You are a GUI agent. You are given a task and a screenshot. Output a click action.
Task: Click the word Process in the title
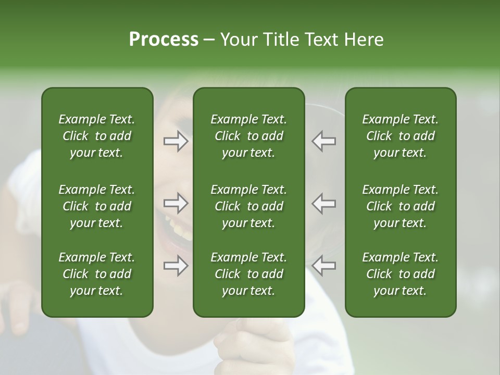pyautogui.click(x=164, y=40)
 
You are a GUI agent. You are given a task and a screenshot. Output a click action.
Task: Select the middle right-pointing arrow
pyautogui.click(x=176, y=204)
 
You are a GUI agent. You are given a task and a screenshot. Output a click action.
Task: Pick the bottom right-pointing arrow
pyautogui.click(x=176, y=266)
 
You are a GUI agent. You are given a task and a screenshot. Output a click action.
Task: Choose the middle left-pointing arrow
pyautogui.click(x=324, y=204)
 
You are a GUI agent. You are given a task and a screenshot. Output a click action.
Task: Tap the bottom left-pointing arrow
pyautogui.click(x=324, y=266)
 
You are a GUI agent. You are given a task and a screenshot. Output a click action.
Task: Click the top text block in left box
pyautogui.click(x=97, y=136)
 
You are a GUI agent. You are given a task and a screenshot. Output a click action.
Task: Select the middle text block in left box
pyautogui.click(x=97, y=206)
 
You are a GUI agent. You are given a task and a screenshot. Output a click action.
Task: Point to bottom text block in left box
pyautogui.click(x=97, y=274)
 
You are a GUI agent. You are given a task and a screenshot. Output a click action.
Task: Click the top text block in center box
pyautogui.click(x=248, y=136)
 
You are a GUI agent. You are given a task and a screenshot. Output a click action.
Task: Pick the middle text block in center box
pyautogui.click(x=248, y=206)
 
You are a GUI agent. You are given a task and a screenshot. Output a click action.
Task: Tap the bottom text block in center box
pyautogui.click(x=248, y=274)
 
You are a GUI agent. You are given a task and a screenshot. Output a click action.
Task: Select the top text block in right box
pyautogui.click(x=400, y=136)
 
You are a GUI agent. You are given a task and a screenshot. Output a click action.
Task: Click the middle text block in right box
pyautogui.click(x=400, y=206)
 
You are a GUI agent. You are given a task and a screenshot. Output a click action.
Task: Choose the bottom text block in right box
pyautogui.click(x=400, y=274)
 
